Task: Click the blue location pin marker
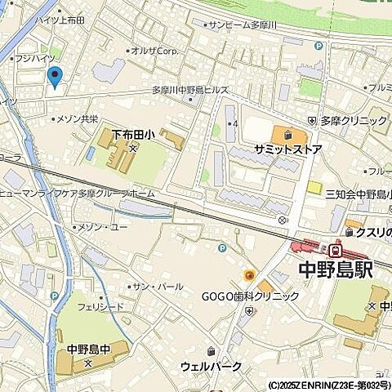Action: [x=56, y=78]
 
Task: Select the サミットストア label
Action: [x=288, y=149]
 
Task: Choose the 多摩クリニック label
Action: [x=353, y=121]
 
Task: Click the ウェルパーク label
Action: [x=212, y=366]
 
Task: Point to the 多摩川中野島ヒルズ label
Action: [x=190, y=91]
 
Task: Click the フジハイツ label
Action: [x=34, y=59]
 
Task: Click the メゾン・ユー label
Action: [x=102, y=226]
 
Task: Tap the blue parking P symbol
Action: [x=221, y=247]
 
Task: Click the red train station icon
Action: [x=335, y=249]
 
